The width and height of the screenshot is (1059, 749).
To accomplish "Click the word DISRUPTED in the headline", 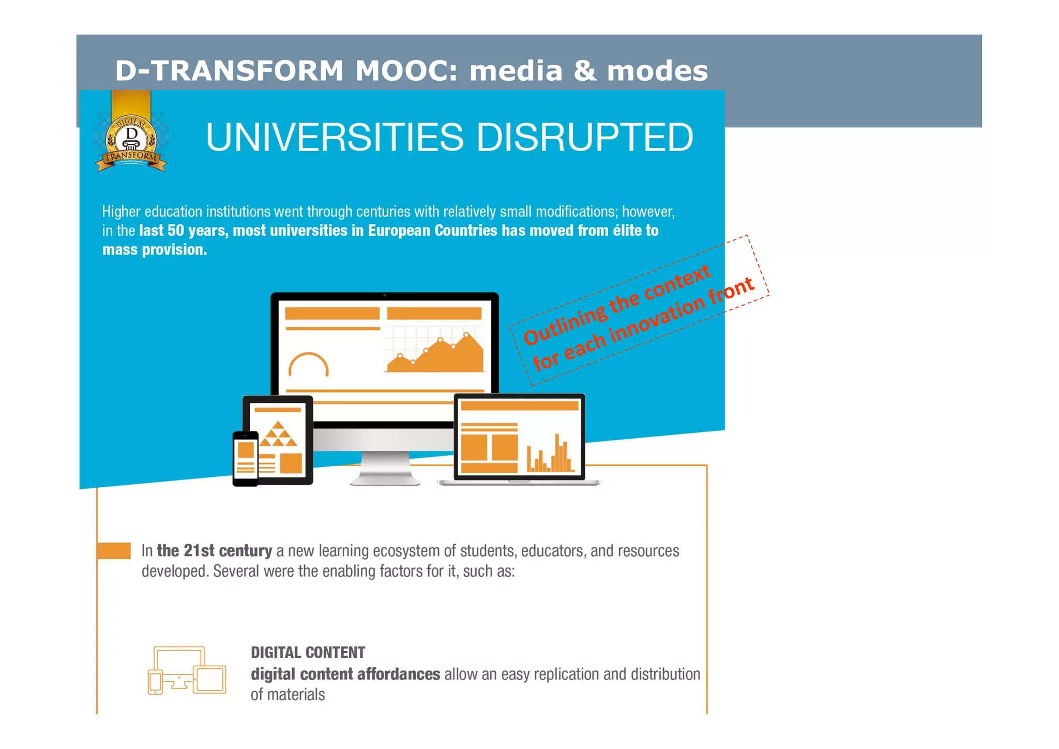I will (584, 138).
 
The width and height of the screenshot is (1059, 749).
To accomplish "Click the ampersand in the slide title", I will (584, 71).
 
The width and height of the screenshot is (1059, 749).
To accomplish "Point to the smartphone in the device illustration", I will (245, 458).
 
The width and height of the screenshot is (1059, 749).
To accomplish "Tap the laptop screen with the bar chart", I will (519, 437).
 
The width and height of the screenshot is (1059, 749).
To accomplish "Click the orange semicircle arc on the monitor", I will (308, 365).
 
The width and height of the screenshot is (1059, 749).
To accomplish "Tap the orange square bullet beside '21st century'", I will (114, 550).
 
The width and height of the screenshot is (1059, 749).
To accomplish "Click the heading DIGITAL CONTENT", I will (308, 653).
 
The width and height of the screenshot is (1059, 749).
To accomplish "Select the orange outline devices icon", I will (187, 670).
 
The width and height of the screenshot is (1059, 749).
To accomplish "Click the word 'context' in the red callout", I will (677, 282).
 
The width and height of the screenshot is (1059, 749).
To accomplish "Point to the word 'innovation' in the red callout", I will (657, 320).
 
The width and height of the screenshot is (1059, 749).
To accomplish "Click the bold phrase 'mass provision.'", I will (155, 250).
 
